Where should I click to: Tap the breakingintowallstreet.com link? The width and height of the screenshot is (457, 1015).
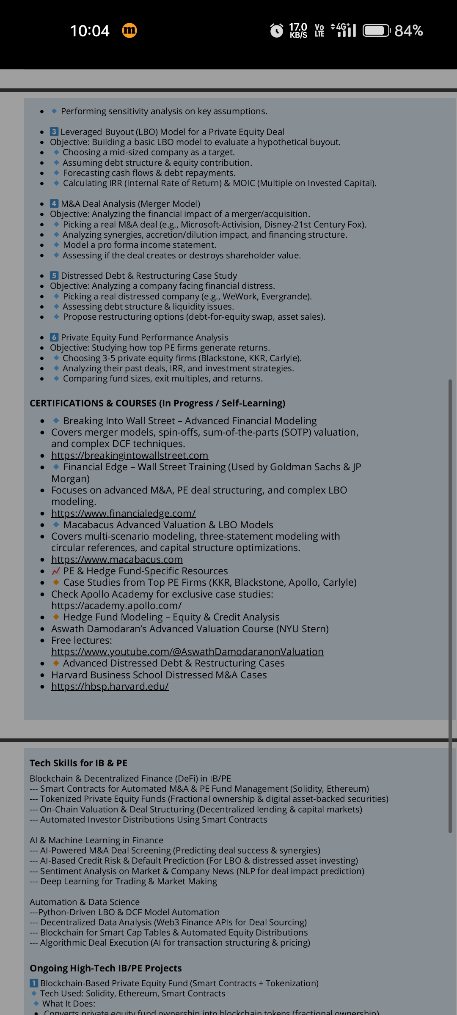pos(129,455)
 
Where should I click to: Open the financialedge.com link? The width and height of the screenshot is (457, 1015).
pos(123,513)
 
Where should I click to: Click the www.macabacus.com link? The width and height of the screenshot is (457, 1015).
pos(117,560)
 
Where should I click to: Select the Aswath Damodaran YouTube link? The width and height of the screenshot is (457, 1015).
pos(187,652)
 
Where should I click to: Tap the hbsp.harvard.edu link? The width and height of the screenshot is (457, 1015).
pos(110,686)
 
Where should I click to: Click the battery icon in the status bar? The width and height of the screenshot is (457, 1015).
pos(376,31)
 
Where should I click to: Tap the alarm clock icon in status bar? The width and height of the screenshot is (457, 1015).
pos(276,30)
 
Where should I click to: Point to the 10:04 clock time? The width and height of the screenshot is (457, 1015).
pos(90,31)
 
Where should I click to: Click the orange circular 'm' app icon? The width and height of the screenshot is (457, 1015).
pos(129,30)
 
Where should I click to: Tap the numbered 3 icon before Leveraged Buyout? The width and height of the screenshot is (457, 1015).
pos(54,132)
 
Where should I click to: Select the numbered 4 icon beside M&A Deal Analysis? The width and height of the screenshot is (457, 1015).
pos(54,204)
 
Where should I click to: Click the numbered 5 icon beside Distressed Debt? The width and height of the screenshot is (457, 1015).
pos(54,276)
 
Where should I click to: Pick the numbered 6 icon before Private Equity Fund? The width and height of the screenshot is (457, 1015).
pos(54,337)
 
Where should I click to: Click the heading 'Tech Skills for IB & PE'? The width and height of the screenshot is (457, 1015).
pos(78,763)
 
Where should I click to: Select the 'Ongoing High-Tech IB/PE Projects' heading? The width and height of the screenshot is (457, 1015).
pos(105,968)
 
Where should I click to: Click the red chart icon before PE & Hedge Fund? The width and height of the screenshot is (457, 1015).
pos(56,571)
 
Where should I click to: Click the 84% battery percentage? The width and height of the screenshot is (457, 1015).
pos(408,31)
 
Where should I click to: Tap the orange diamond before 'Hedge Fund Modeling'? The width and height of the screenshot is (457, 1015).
pos(56,617)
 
